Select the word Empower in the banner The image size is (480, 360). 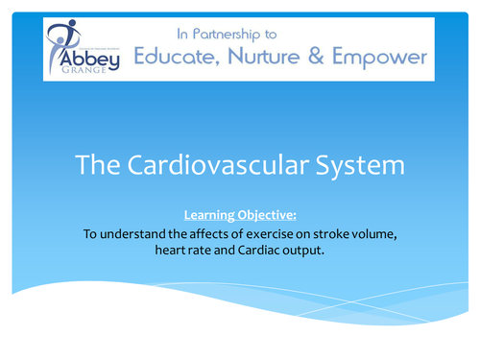pos(380,59)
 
